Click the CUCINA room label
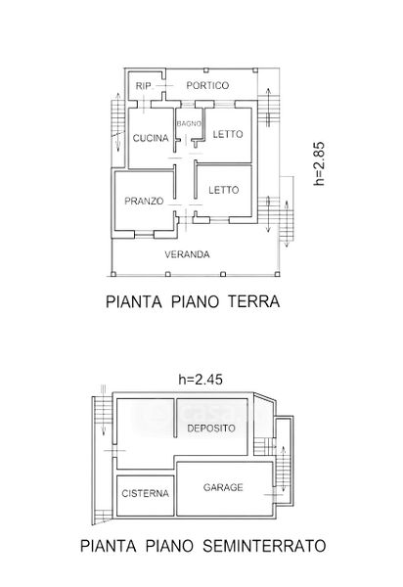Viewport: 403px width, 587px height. click(x=151, y=138)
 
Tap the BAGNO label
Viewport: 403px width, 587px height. click(x=189, y=123)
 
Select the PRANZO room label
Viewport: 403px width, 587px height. click(x=144, y=201)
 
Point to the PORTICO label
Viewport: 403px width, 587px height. click(x=207, y=85)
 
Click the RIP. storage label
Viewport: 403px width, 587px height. click(x=144, y=86)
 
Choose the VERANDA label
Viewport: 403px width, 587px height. click(x=187, y=254)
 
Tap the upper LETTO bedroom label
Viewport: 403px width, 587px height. click(x=228, y=134)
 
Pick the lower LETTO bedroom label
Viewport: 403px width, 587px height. click(x=223, y=190)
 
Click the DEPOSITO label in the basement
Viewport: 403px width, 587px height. click(x=211, y=428)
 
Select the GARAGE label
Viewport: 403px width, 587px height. click(x=223, y=487)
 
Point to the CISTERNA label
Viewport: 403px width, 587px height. click(x=145, y=493)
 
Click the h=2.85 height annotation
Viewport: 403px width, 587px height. click(x=319, y=163)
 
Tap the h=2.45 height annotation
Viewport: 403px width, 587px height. click(x=201, y=380)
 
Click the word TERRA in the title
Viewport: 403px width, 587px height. click(x=254, y=301)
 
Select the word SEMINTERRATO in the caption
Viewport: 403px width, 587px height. click(x=264, y=546)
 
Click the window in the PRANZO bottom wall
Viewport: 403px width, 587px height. click(x=144, y=235)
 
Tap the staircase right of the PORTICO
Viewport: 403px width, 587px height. click(x=269, y=108)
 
